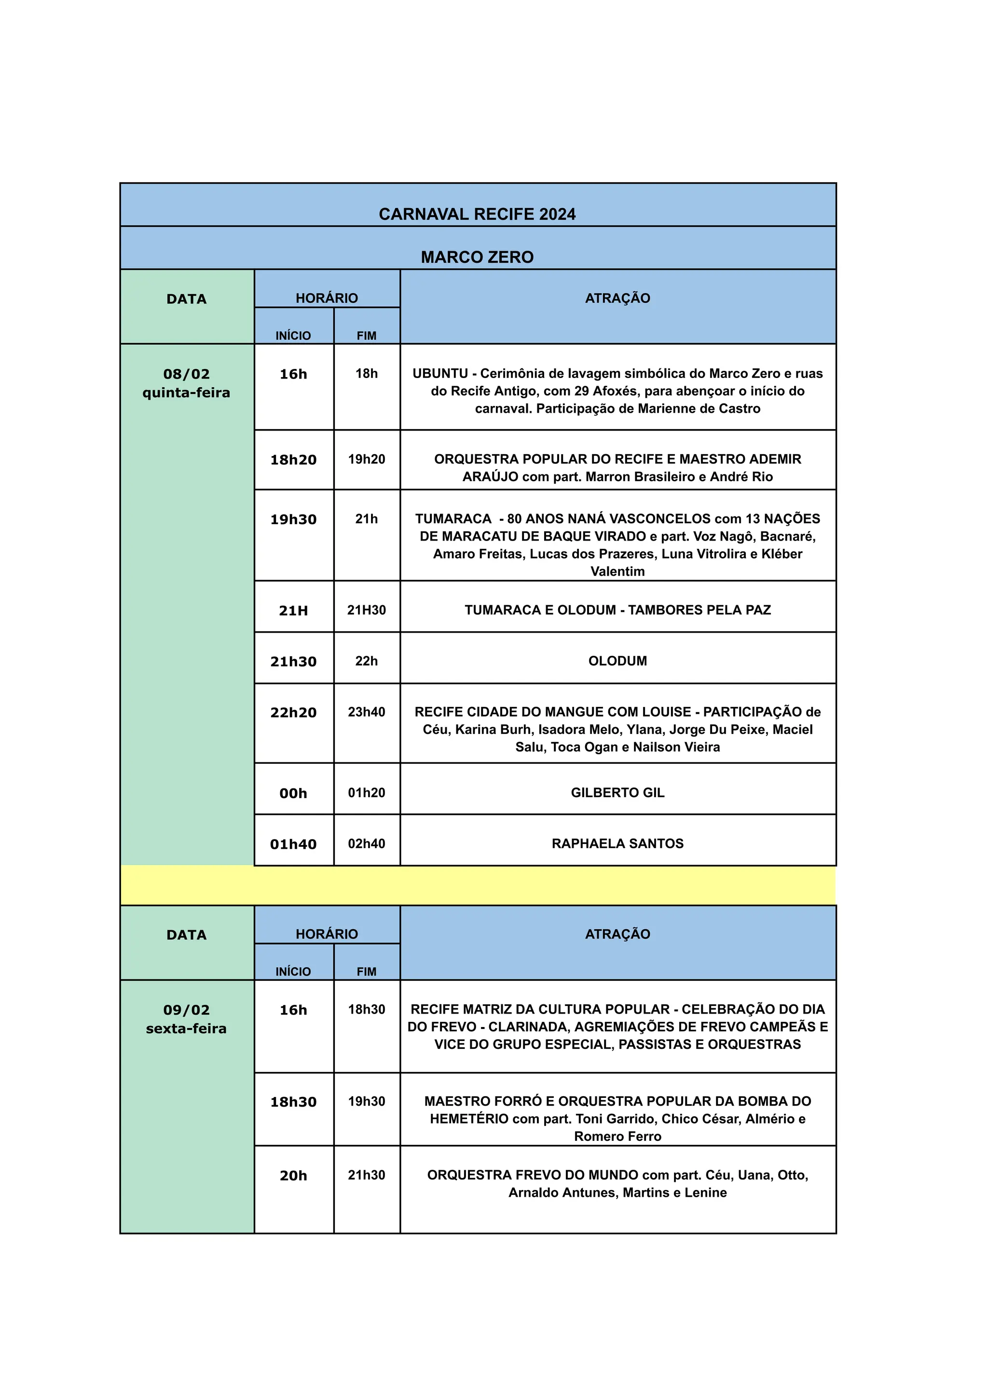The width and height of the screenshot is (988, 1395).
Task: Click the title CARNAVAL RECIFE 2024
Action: (477, 214)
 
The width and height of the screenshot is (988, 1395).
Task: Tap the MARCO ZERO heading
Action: (477, 257)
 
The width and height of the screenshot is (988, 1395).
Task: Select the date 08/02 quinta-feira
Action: (186, 383)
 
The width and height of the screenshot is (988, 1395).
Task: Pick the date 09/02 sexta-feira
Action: (186, 1019)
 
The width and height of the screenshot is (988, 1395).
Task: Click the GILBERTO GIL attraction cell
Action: (617, 792)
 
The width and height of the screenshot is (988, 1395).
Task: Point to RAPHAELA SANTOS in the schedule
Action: (617, 843)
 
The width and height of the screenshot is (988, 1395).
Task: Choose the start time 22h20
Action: (293, 713)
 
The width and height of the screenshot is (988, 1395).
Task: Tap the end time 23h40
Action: (366, 712)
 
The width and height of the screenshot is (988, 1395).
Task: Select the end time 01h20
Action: (366, 792)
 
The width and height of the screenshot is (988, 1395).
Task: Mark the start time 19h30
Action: (293, 519)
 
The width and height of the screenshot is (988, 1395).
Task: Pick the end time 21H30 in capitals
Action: (366, 610)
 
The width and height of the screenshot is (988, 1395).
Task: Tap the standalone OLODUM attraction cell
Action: (617, 661)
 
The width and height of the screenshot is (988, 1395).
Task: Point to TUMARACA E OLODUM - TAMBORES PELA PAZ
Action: (617, 610)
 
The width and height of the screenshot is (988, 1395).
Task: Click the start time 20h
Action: (293, 1176)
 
